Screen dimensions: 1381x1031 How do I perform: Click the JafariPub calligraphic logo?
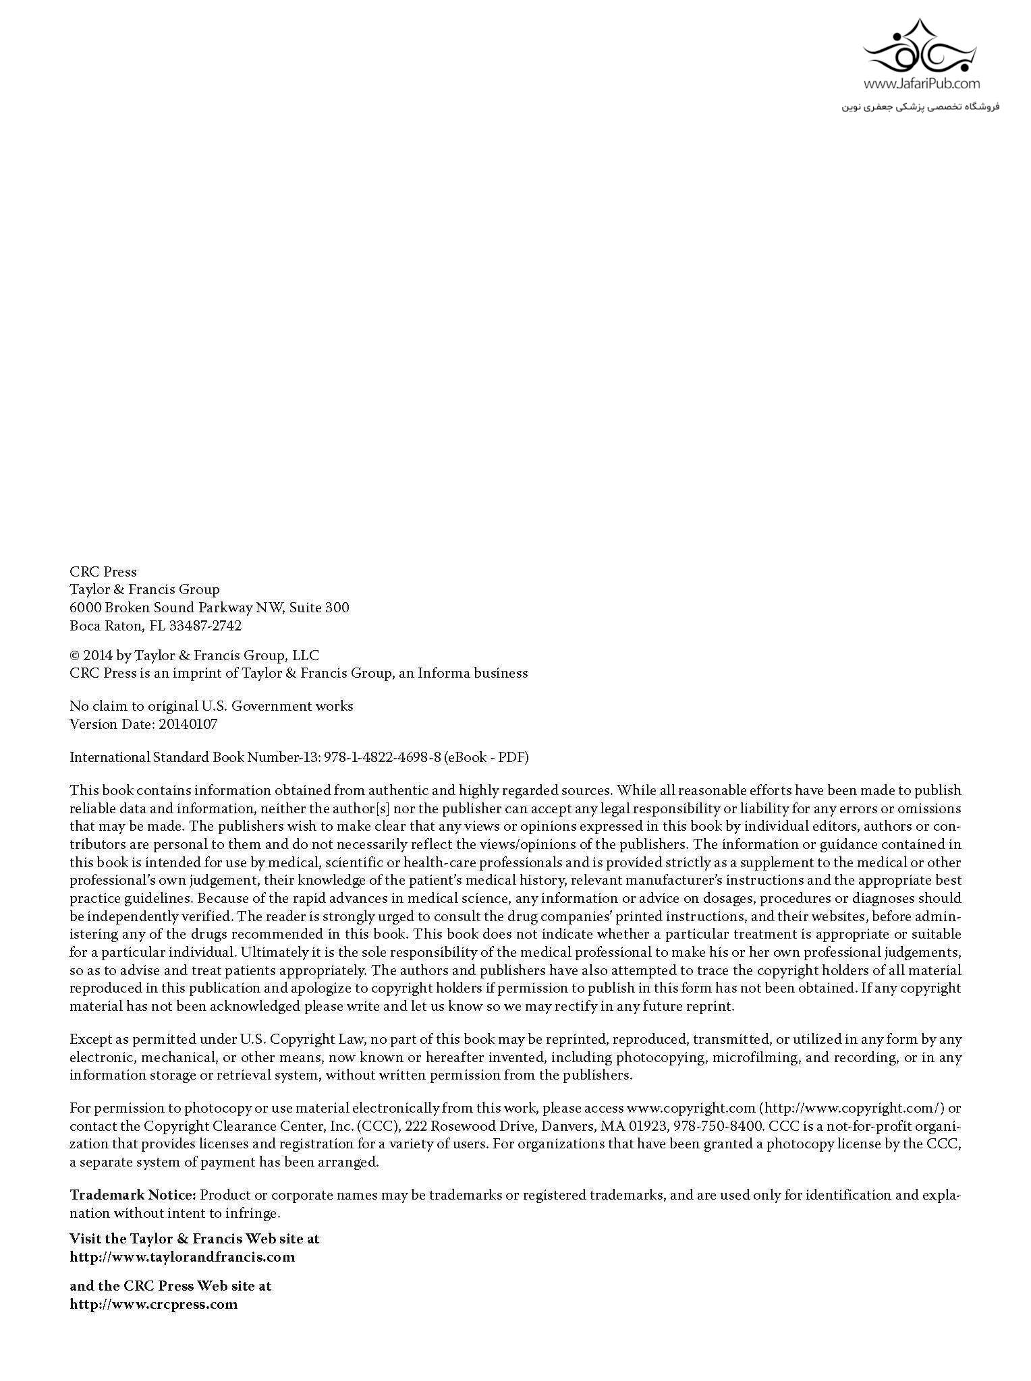(921, 49)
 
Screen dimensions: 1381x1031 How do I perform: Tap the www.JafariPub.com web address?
(921, 84)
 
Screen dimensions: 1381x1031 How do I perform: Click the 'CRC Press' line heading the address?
(103, 572)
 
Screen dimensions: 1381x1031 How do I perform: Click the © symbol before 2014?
(75, 655)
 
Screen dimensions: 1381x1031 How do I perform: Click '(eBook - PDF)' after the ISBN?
(486, 757)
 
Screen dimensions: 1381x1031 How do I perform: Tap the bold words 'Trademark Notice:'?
(133, 1195)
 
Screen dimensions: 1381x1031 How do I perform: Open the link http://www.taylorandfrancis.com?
(182, 1257)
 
